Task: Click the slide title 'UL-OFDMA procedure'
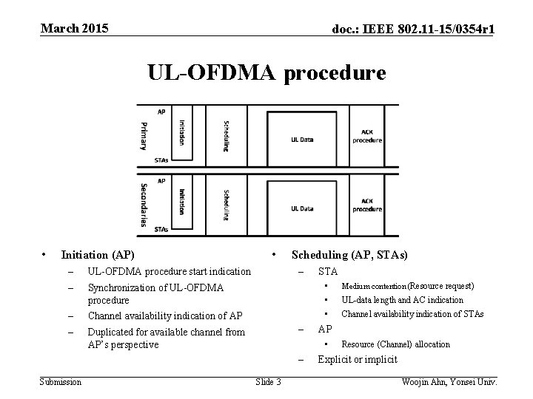pos(266,73)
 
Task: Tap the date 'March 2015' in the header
pos(74,28)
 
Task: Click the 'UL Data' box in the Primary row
pos(301,138)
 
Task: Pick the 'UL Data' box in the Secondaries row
pos(301,208)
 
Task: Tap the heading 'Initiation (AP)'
pos(98,256)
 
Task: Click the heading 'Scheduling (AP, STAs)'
pos(349,256)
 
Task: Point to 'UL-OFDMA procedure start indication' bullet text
pos(170,272)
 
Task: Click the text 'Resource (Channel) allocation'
pos(395,344)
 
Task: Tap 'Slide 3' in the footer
pos(267,381)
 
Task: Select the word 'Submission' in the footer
pos(61,381)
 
